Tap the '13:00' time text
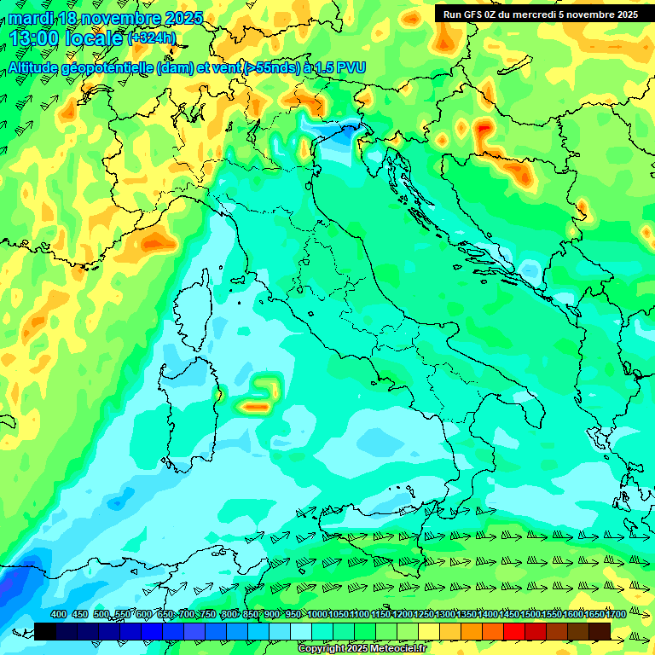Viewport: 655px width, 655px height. click(x=33, y=38)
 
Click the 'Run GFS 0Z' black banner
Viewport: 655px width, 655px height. click(x=540, y=14)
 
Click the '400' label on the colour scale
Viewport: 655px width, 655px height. click(x=59, y=614)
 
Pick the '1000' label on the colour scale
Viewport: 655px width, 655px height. click(x=317, y=614)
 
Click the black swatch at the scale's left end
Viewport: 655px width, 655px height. click(x=45, y=630)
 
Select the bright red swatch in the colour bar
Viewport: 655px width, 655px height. click(x=514, y=630)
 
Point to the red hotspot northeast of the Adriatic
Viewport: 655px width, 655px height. click(x=484, y=130)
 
